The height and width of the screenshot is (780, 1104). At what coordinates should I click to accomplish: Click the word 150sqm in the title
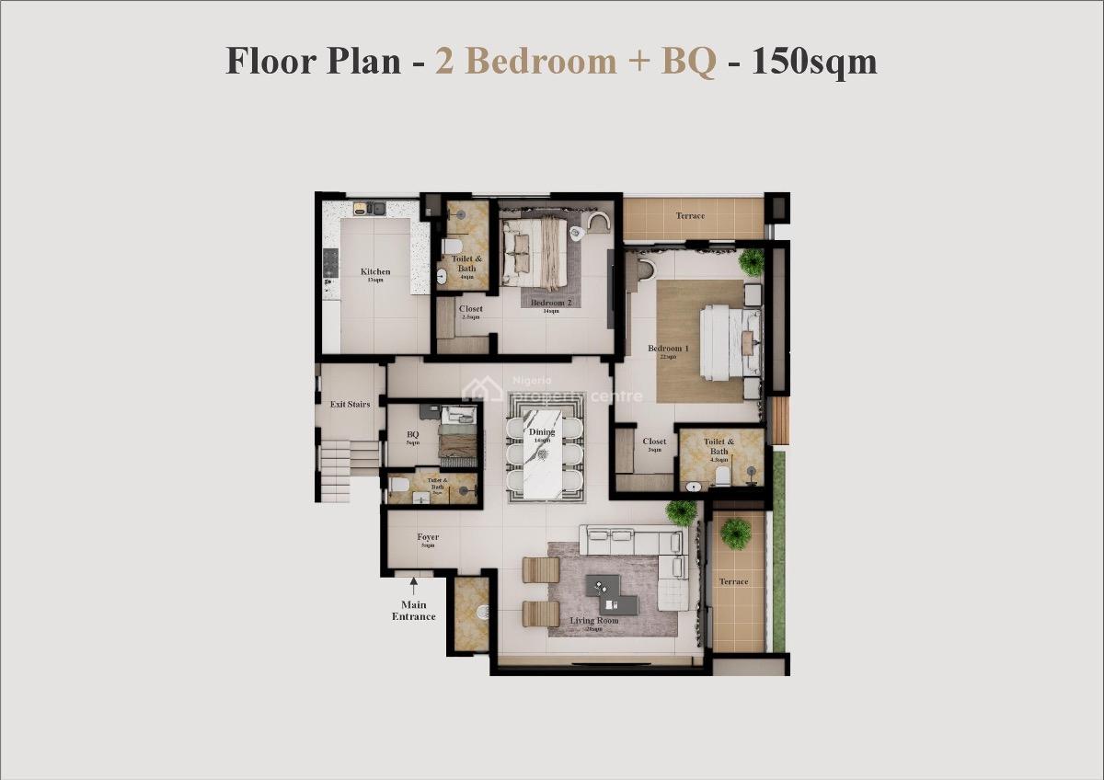coord(814,62)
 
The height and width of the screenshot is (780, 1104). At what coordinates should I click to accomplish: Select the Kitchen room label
coord(375,272)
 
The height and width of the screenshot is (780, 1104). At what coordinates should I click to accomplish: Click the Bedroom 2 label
coord(551,303)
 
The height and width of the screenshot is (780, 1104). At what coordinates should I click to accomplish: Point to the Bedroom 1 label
coord(667,349)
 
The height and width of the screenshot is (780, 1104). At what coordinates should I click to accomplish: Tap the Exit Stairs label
coord(350,404)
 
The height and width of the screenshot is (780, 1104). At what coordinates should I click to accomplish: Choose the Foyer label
coord(428,537)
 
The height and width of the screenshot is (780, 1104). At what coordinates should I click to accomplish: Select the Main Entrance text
coord(414,611)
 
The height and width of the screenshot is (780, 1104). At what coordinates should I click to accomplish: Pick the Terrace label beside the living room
coord(733,581)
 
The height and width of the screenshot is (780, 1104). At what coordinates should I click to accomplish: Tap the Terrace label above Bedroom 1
coord(690,216)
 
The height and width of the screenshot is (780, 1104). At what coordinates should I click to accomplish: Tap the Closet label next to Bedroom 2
coord(471,310)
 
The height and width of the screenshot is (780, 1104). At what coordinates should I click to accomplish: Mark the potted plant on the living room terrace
coord(735,531)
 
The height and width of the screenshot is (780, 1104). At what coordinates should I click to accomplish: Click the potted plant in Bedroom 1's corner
coord(752,261)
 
